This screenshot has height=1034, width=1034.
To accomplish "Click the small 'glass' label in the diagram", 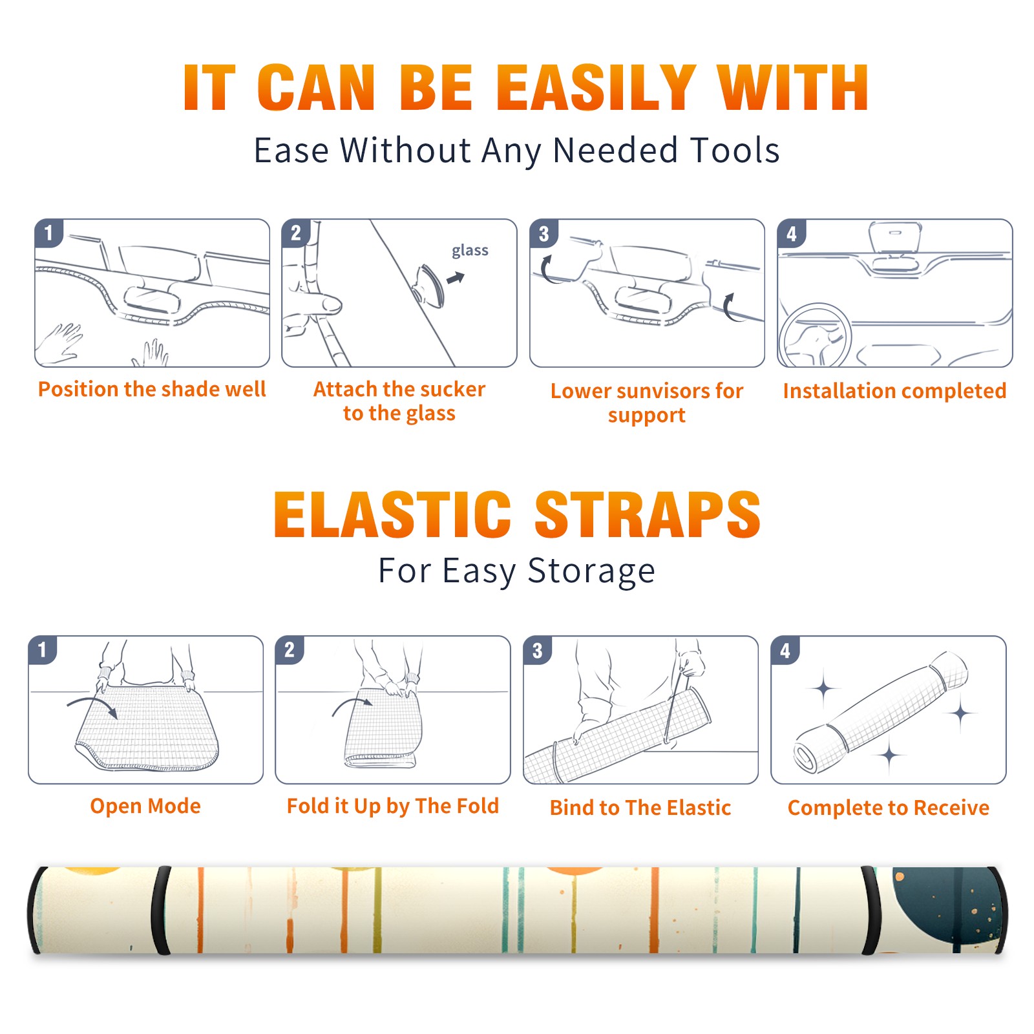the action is coord(470,251).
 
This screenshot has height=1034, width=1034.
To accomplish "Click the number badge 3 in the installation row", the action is coord(543,233).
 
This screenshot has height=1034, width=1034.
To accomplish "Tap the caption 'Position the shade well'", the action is coord(152,389).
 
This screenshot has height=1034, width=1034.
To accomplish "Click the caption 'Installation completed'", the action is coord(894,391).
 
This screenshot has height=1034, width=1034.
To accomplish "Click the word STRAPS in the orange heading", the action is coord(648,514).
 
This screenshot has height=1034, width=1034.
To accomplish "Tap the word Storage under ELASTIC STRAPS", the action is coord(591,571).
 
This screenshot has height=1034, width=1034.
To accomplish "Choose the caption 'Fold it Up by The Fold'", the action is coord(393,806).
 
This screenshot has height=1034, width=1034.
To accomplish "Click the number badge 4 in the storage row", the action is coord(785,650).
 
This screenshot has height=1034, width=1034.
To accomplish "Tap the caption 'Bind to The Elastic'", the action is coord(640,808).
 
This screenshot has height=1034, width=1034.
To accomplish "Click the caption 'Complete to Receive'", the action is coord(889,808).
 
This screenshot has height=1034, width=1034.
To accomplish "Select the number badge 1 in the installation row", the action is coord(48,233).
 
